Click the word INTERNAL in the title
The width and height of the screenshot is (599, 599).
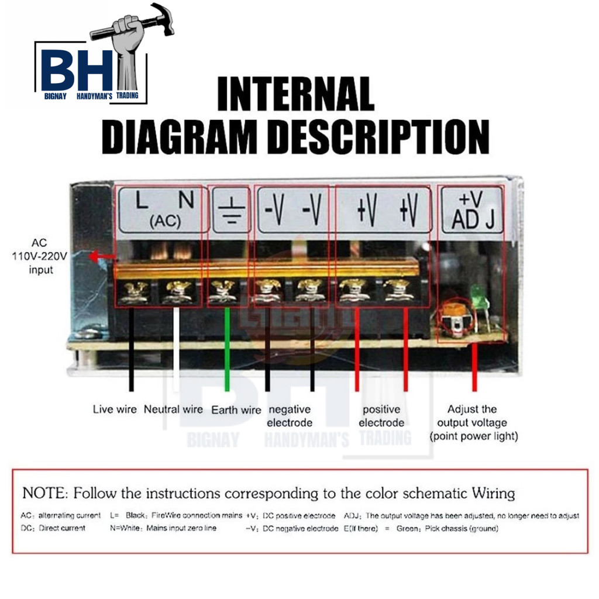[295, 94]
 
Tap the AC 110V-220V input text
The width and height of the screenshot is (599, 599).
[40, 256]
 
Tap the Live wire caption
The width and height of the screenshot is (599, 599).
[115, 409]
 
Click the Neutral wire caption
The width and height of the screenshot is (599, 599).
[173, 409]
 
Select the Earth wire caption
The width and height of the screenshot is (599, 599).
[236, 410]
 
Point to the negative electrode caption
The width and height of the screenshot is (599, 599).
[289, 416]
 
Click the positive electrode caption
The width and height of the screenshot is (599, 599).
[381, 416]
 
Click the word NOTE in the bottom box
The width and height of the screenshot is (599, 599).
[43, 493]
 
